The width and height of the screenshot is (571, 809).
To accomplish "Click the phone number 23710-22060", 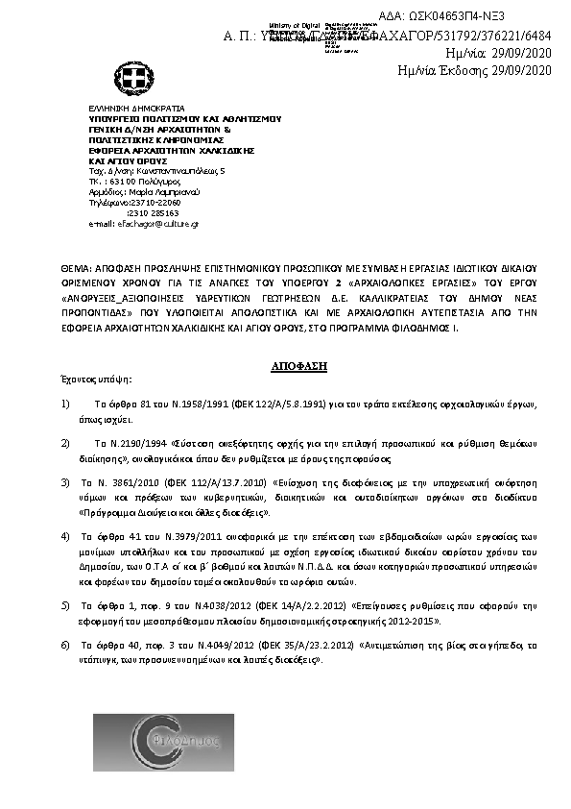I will coord(153,204).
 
